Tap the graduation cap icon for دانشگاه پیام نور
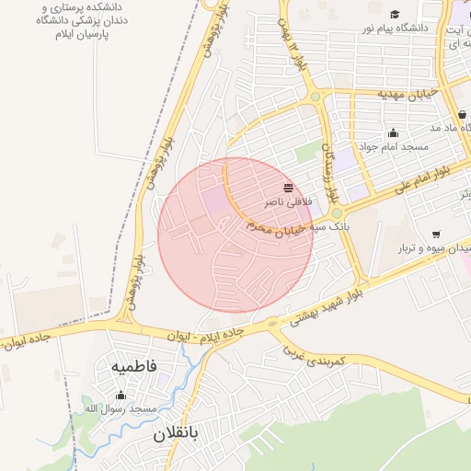(x=396, y=15)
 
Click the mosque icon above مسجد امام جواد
(x=394, y=132)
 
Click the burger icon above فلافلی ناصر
(x=289, y=187)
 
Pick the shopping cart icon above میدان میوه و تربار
(x=435, y=234)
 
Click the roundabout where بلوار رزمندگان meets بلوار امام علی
(x=338, y=213)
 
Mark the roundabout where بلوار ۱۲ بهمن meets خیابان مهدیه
(x=316, y=96)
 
